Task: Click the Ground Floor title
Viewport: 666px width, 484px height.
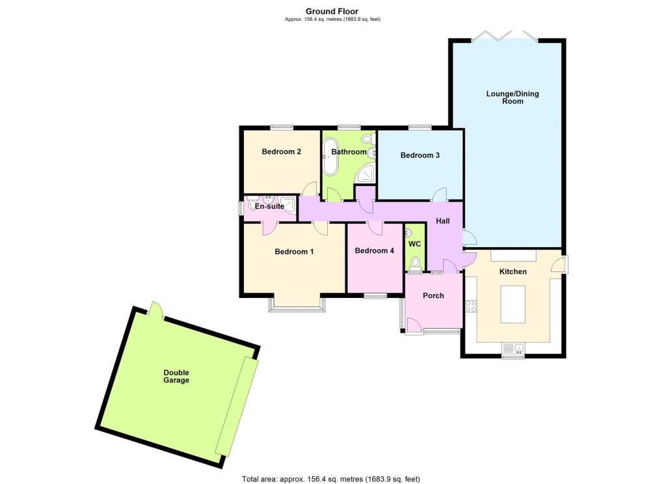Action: pyautogui.click(x=332, y=12)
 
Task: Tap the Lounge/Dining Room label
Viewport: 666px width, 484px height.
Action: pyautogui.click(x=513, y=98)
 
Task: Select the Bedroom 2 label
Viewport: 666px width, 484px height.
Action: pyautogui.click(x=281, y=152)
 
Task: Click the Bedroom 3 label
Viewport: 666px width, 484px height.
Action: pyautogui.click(x=420, y=155)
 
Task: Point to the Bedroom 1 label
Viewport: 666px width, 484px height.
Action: pyautogui.click(x=294, y=252)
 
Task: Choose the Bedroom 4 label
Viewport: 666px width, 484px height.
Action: pyautogui.click(x=374, y=250)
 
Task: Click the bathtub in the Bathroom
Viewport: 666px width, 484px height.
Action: pyautogui.click(x=330, y=157)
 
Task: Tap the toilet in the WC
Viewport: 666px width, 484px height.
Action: pyautogui.click(x=415, y=263)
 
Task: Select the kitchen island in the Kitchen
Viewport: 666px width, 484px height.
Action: pyautogui.click(x=513, y=304)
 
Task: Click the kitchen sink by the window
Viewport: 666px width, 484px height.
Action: pyautogui.click(x=518, y=349)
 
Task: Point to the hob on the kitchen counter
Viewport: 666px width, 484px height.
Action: pyautogui.click(x=471, y=306)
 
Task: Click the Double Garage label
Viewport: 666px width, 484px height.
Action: pyautogui.click(x=176, y=377)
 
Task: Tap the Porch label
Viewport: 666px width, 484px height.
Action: pyautogui.click(x=433, y=296)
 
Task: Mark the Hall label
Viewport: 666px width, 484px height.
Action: pyautogui.click(x=442, y=221)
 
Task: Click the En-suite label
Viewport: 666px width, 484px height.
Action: pyautogui.click(x=269, y=206)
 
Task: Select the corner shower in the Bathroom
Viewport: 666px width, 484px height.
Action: pyautogui.click(x=366, y=174)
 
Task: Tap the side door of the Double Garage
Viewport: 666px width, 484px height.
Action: pyautogui.click(x=156, y=310)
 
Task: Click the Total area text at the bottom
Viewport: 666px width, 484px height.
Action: pyautogui.click(x=331, y=479)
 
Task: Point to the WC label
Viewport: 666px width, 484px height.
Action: pyautogui.click(x=414, y=244)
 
